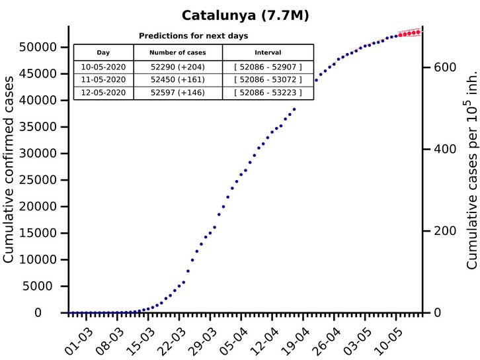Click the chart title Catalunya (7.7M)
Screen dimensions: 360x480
[246, 14]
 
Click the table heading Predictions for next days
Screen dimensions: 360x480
[193, 36]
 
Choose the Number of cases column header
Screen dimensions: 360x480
[178, 52]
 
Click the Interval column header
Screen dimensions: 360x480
[268, 52]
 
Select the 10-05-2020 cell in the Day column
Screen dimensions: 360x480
[103, 67]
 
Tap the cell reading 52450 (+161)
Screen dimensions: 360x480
[178, 79]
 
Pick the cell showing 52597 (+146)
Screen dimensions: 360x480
[178, 93]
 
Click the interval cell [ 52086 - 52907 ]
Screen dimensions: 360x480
[268, 67]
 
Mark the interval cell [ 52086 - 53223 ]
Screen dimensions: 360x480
[268, 93]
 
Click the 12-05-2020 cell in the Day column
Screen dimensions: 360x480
[103, 93]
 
